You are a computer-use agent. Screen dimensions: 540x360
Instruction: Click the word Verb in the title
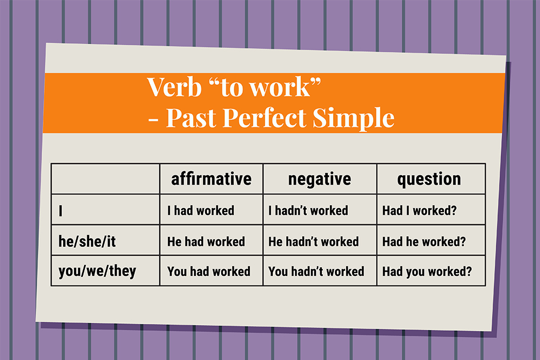point(174,87)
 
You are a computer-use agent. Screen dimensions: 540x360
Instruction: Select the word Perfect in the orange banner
point(264,117)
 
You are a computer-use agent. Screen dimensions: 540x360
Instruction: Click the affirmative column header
point(212,179)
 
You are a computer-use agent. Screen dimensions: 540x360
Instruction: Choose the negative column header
point(320,179)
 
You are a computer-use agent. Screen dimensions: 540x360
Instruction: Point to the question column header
point(429,179)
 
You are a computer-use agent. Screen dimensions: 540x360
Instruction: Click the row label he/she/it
point(87,241)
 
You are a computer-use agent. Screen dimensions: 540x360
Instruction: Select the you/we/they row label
point(97,271)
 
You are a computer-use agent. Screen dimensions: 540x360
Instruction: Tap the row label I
point(60,210)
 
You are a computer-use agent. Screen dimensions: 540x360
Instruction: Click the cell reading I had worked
point(201,210)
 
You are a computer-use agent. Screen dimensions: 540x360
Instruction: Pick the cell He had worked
point(206,242)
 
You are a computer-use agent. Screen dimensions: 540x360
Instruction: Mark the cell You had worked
point(208,271)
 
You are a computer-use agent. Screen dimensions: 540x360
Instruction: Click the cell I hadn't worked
point(308,210)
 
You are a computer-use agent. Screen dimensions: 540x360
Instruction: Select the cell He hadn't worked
point(313,242)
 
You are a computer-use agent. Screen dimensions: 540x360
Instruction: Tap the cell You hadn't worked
point(316,271)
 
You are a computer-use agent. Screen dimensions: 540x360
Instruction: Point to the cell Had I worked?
point(420,210)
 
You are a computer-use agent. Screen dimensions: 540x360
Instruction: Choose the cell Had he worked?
point(424,242)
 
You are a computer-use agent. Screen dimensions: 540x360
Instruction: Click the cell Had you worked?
point(427,272)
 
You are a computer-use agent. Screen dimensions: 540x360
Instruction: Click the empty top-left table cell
point(105,179)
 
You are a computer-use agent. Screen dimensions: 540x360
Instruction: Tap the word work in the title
point(280,87)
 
